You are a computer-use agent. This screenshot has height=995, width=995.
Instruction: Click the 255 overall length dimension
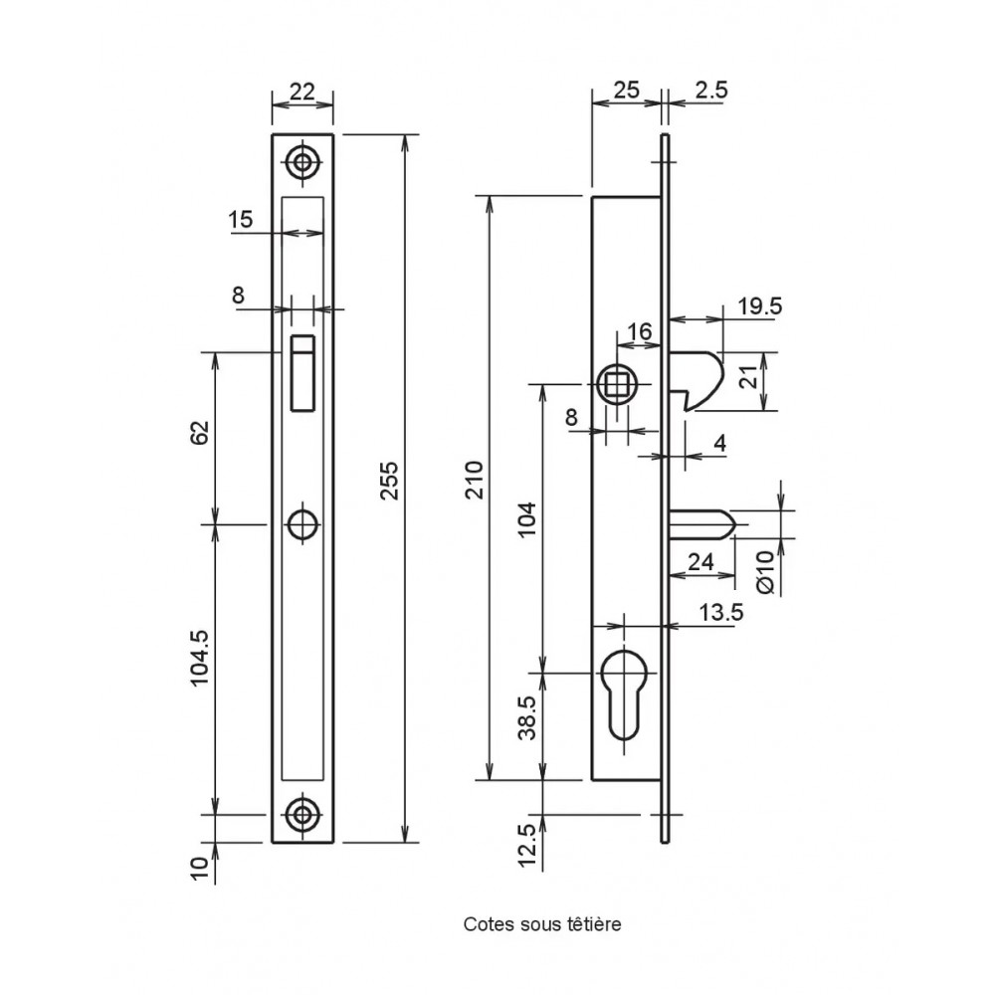point(390,481)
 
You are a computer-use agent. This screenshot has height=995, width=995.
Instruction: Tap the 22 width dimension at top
point(302,92)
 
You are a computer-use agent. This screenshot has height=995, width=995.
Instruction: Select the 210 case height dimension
point(474,481)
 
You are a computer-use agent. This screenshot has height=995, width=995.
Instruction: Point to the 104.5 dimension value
point(200,658)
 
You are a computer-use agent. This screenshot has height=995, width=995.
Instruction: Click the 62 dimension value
point(200,433)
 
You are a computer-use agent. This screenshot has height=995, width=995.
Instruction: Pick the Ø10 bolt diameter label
point(766,572)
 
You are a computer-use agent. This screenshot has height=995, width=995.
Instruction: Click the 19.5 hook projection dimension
point(760,306)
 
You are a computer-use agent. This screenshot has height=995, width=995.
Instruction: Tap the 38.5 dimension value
point(528,717)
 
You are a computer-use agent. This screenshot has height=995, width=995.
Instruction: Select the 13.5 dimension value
point(720,612)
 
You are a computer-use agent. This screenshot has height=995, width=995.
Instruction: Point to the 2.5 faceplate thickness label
point(711,91)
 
